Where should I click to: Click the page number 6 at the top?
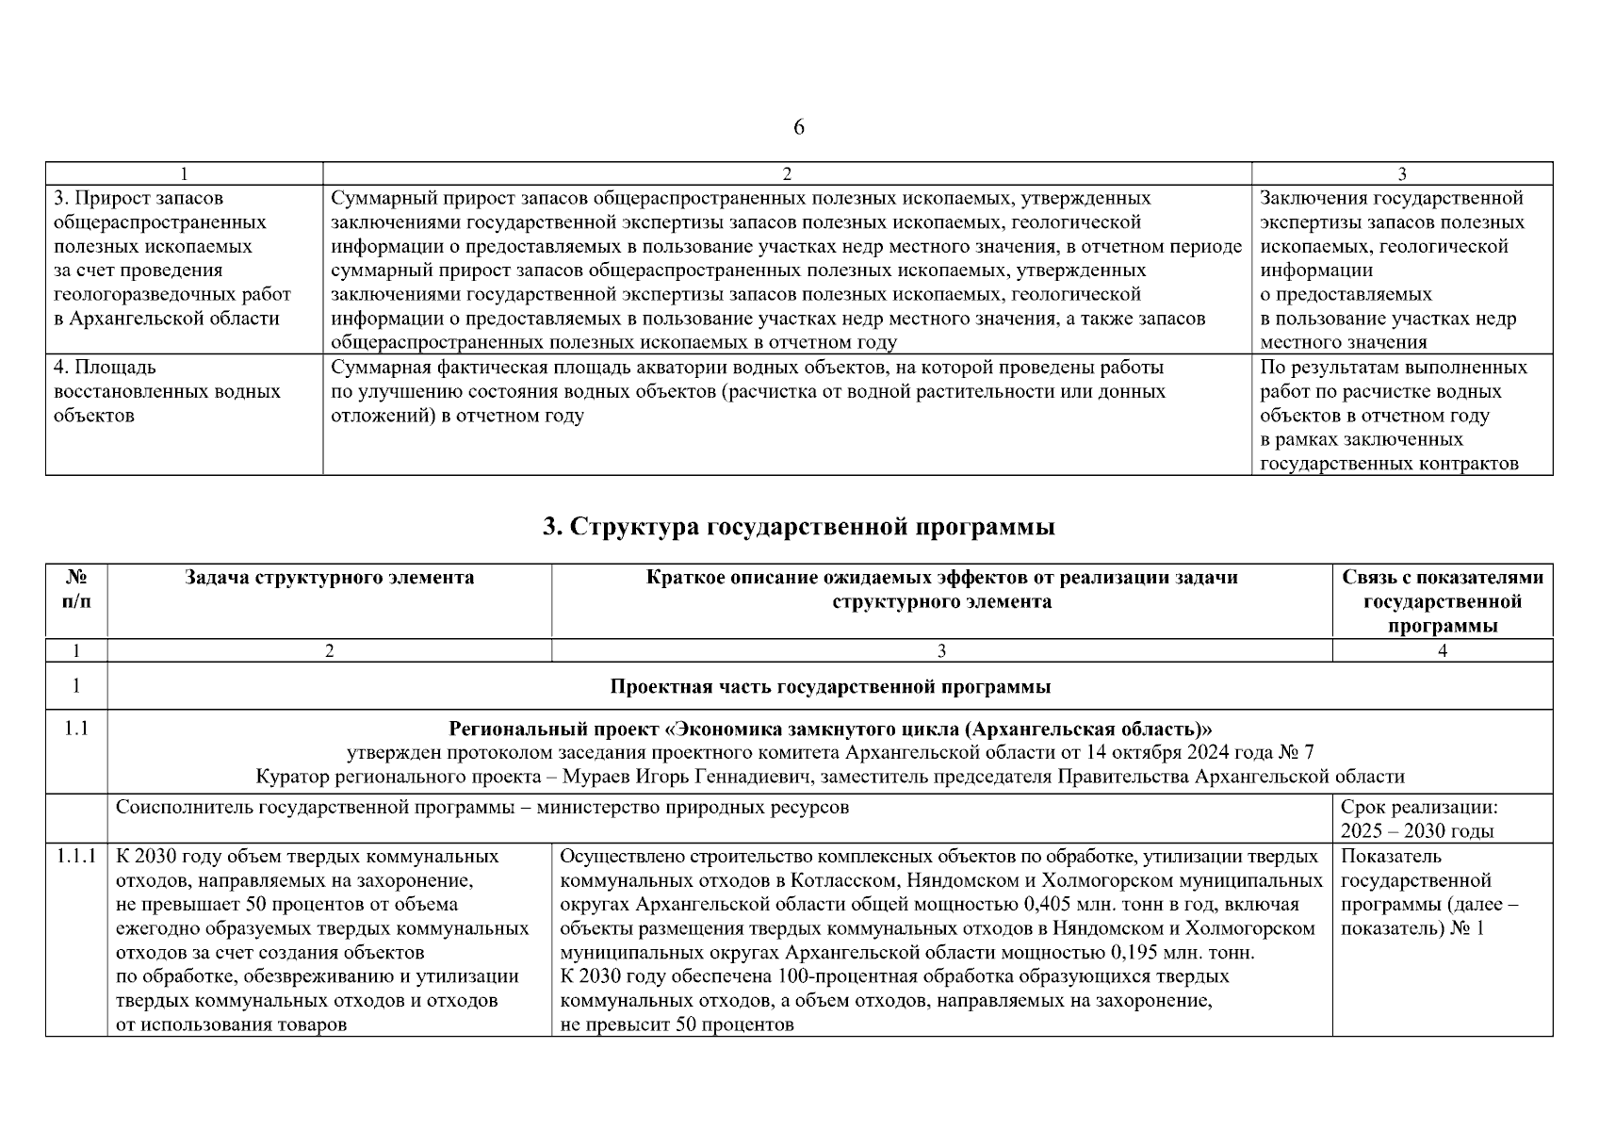798,128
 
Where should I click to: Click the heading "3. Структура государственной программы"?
798,527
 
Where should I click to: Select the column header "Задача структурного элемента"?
329,578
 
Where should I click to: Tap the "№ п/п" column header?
76,590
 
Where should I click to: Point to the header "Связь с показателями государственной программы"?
1442,601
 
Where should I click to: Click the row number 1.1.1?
76,857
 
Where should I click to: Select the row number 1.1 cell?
76,729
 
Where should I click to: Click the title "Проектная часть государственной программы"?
829,687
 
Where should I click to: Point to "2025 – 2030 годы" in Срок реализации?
1416,831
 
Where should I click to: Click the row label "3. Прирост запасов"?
139,199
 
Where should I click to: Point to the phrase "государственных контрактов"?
1389,464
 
